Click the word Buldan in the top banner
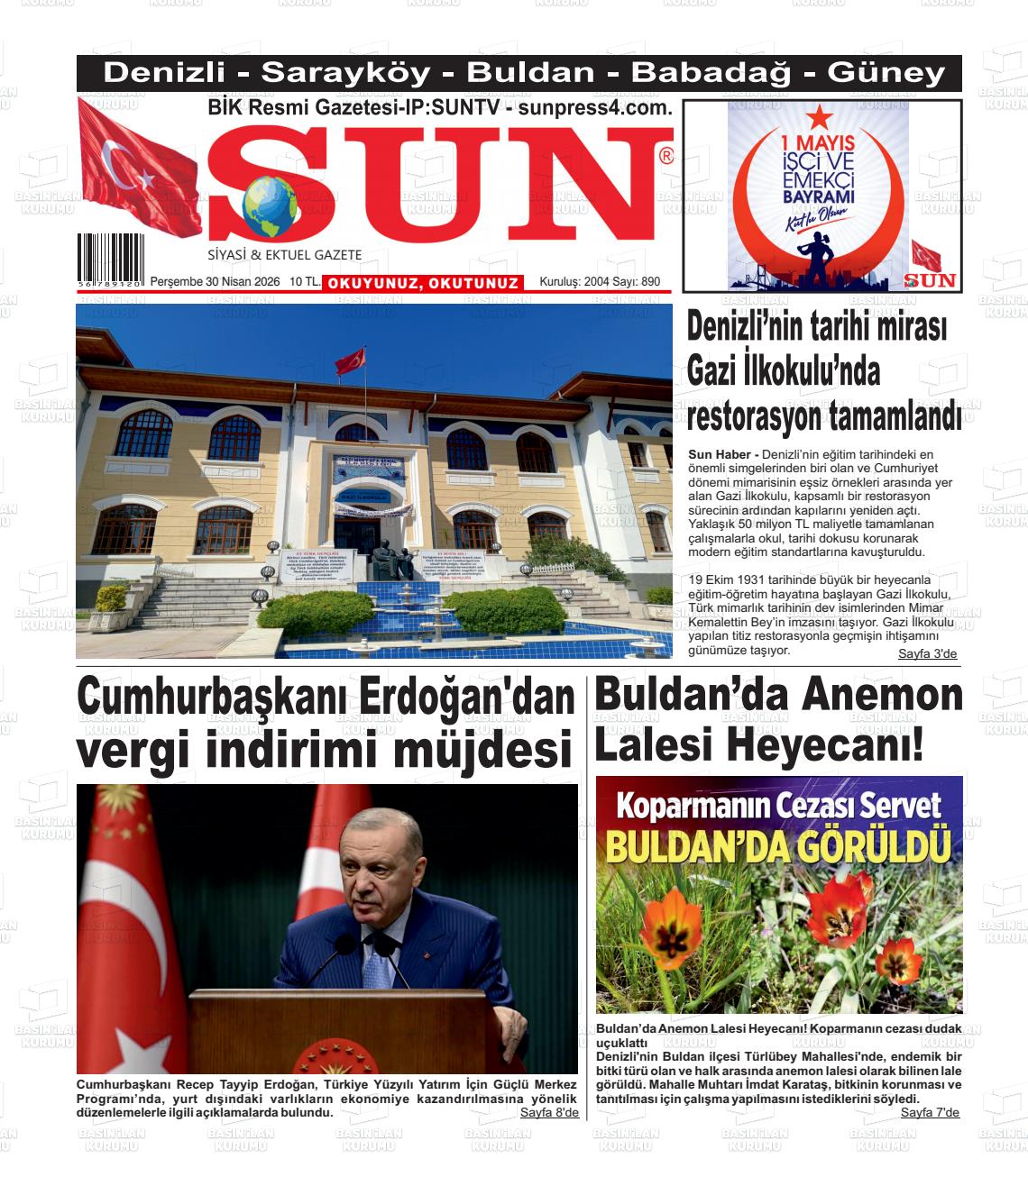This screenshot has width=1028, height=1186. pyautogui.click(x=530, y=73)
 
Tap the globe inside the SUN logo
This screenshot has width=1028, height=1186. pyautogui.click(x=270, y=205)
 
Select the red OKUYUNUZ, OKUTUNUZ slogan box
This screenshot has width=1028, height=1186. pyautogui.click(x=423, y=283)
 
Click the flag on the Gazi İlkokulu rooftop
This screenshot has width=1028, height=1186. pyautogui.click(x=351, y=360)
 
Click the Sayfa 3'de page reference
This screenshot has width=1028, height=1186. pyautogui.click(x=927, y=653)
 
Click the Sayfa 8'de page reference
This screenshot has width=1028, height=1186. pyautogui.click(x=549, y=1112)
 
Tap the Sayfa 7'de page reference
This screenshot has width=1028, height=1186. pyautogui.click(x=930, y=1112)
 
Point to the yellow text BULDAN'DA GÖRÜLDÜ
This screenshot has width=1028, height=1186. pyautogui.click(x=778, y=846)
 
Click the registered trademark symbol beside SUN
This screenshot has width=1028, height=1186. pyautogui.click(x=666, y=157)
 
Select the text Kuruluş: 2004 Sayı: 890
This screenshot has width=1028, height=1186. pyautogui.click(x=600, y=282)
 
